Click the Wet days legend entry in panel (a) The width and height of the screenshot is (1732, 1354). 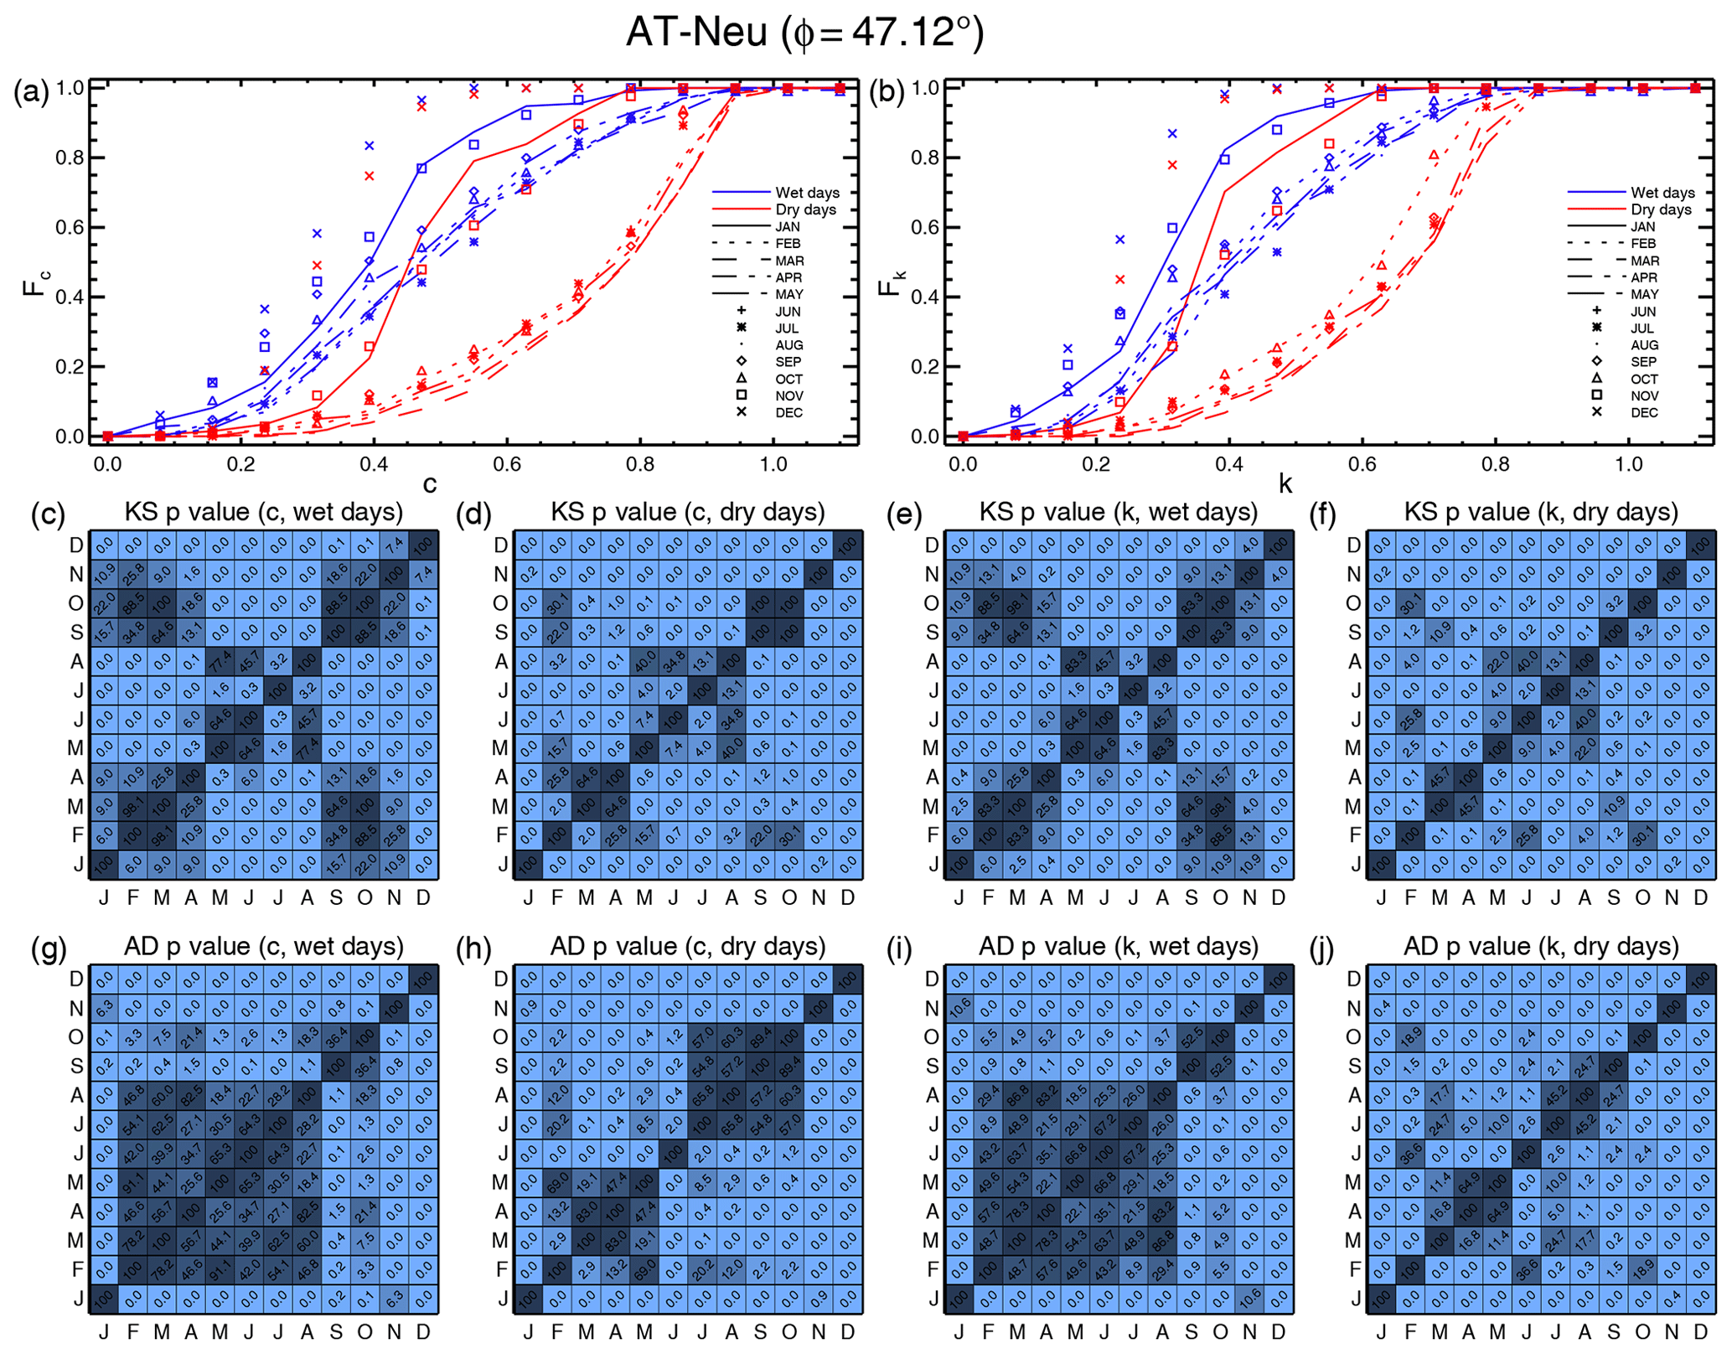click(x=806, y=193)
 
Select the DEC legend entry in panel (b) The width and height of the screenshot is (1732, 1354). click(x=1644, y=412)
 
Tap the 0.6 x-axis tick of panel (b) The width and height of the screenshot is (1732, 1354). click(x=1362, y=463)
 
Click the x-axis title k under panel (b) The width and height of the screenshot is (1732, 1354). click(x=1285, y=483)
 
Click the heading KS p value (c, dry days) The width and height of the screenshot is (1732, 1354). click(x=687, y=512)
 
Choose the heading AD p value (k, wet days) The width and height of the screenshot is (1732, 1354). click(x=1118, y=946)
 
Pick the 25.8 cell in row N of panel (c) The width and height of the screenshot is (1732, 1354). click(x=132, y=574)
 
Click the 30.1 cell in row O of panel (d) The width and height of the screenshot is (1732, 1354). click(x=557, y=603)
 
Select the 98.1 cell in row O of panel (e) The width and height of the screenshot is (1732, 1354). click(x=1017, y=603)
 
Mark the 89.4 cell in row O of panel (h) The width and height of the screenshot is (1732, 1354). click(x=761, y=1037)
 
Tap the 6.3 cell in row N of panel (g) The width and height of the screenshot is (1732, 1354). click(x=104, y=1008)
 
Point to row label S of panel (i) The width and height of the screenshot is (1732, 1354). click(x=932, y=1067)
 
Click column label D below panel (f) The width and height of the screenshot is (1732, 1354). click(x=1700, y=898)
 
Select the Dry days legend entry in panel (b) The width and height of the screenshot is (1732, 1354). click(x=1660, y=209)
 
